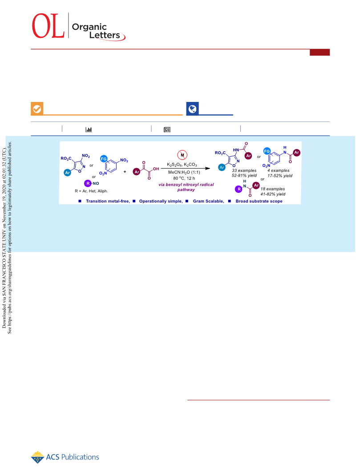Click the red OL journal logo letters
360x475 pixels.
pyautogui.click(x=48, y=26)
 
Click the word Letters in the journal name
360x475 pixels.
pyautogui.click(x=105, y=35)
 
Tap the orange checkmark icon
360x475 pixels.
pyautogui.click(x=37, y=109)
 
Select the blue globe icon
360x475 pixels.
pyautogui.click(x=192, y=109)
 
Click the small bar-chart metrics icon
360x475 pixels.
pyautogui.click(x=89, y=130)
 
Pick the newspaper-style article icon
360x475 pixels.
pyautogui.click(x=167, y=130)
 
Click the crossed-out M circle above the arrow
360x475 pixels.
pyautogui.click(x=182, y=155)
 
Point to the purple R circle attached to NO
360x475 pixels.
pyautogui.click(x=88, y=183)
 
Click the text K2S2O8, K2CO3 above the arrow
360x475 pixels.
pyautogui.click(x=182, y=165)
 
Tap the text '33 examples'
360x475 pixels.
pyautogui.click(x=244, y=170)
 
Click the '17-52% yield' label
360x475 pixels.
pyautogui.click(x=280, y=175)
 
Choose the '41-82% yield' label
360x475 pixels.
pyautogui.click(x=273, y=194)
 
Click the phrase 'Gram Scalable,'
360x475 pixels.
pyautogui.click(x=209, y=201)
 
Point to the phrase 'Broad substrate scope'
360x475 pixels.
pyautogui.click(x=259, y=201)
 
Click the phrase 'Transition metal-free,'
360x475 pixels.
pyautogui.click(x=108, y=201)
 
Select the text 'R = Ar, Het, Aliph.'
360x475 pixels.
pyautogui.click(x=91, y=191)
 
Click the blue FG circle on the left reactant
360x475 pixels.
pyautogui.click(x=104, y=159)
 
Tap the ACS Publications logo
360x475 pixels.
pyautogui.click(x=65, y=457)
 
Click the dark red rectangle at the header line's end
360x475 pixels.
pyautogui.click(x=320, y=52)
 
